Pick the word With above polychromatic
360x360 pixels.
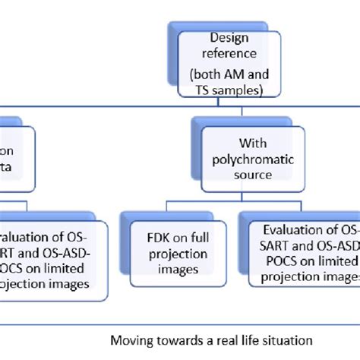pos(253,144)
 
